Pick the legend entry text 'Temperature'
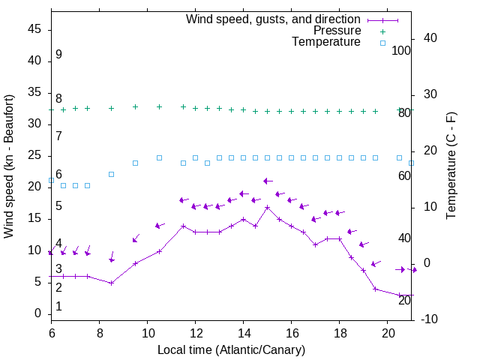[326, 42]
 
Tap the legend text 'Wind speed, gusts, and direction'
[274, 19]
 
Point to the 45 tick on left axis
[34, 29]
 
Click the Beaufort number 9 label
[58, 55]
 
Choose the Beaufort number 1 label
[58, 307]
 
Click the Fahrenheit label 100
[402, 50]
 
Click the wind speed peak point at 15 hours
[267, 207]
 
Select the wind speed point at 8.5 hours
[111, 283]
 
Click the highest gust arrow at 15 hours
[267, 181]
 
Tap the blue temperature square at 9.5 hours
[135, 163]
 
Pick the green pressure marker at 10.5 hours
[159, 107]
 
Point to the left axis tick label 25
[34, 155]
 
